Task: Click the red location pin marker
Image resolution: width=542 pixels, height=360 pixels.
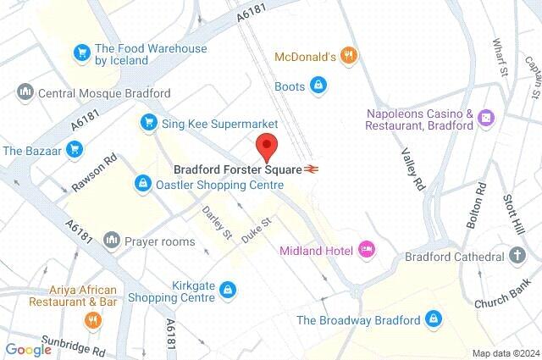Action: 268,146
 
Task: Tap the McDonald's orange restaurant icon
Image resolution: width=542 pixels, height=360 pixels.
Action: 349,57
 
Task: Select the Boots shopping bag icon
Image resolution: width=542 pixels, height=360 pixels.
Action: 318,85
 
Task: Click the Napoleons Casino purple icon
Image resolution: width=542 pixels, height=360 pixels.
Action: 486,118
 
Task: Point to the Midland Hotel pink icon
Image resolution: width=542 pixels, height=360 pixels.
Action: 367,249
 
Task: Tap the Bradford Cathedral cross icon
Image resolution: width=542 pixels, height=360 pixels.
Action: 517,256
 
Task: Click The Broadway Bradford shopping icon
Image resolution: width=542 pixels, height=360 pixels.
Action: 434,319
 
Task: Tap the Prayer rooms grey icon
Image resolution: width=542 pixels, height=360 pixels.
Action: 111,241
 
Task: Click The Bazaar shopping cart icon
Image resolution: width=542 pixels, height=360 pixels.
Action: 75,151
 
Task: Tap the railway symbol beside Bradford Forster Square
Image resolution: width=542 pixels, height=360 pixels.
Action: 312,169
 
